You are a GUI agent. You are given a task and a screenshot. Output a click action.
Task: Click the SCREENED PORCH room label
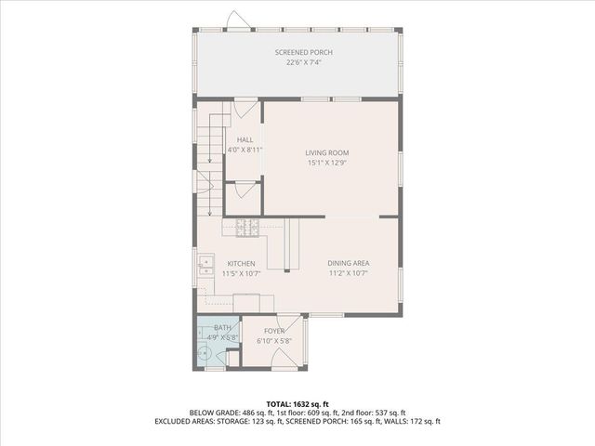click(303, 52)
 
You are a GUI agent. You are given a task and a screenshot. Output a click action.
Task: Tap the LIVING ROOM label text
click(328, 152)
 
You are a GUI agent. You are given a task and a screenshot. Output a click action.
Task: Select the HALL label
click(245, 139)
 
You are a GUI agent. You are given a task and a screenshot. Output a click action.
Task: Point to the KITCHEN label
click(241, 264)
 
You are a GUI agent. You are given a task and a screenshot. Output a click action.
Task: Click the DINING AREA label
click(348, 264)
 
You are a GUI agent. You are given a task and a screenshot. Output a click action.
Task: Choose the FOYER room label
click(273, 331)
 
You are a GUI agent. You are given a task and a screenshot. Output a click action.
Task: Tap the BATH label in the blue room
click(223, 328)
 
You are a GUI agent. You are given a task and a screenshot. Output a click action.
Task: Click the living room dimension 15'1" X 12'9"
click(328, 163)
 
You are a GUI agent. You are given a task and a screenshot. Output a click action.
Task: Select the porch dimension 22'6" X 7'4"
click(303, 63)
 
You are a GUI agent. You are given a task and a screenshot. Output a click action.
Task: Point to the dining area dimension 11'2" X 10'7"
click(348, 274)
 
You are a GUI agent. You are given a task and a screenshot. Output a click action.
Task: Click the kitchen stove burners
click(246, 225)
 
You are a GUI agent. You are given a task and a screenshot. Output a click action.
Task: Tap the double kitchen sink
click(205, 268)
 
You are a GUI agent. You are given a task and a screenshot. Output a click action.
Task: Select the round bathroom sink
click(204, 354)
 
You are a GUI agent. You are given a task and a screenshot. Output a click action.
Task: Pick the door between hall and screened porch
click(245, 108)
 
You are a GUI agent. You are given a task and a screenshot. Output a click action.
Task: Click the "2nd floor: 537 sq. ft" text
click(377, 413)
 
